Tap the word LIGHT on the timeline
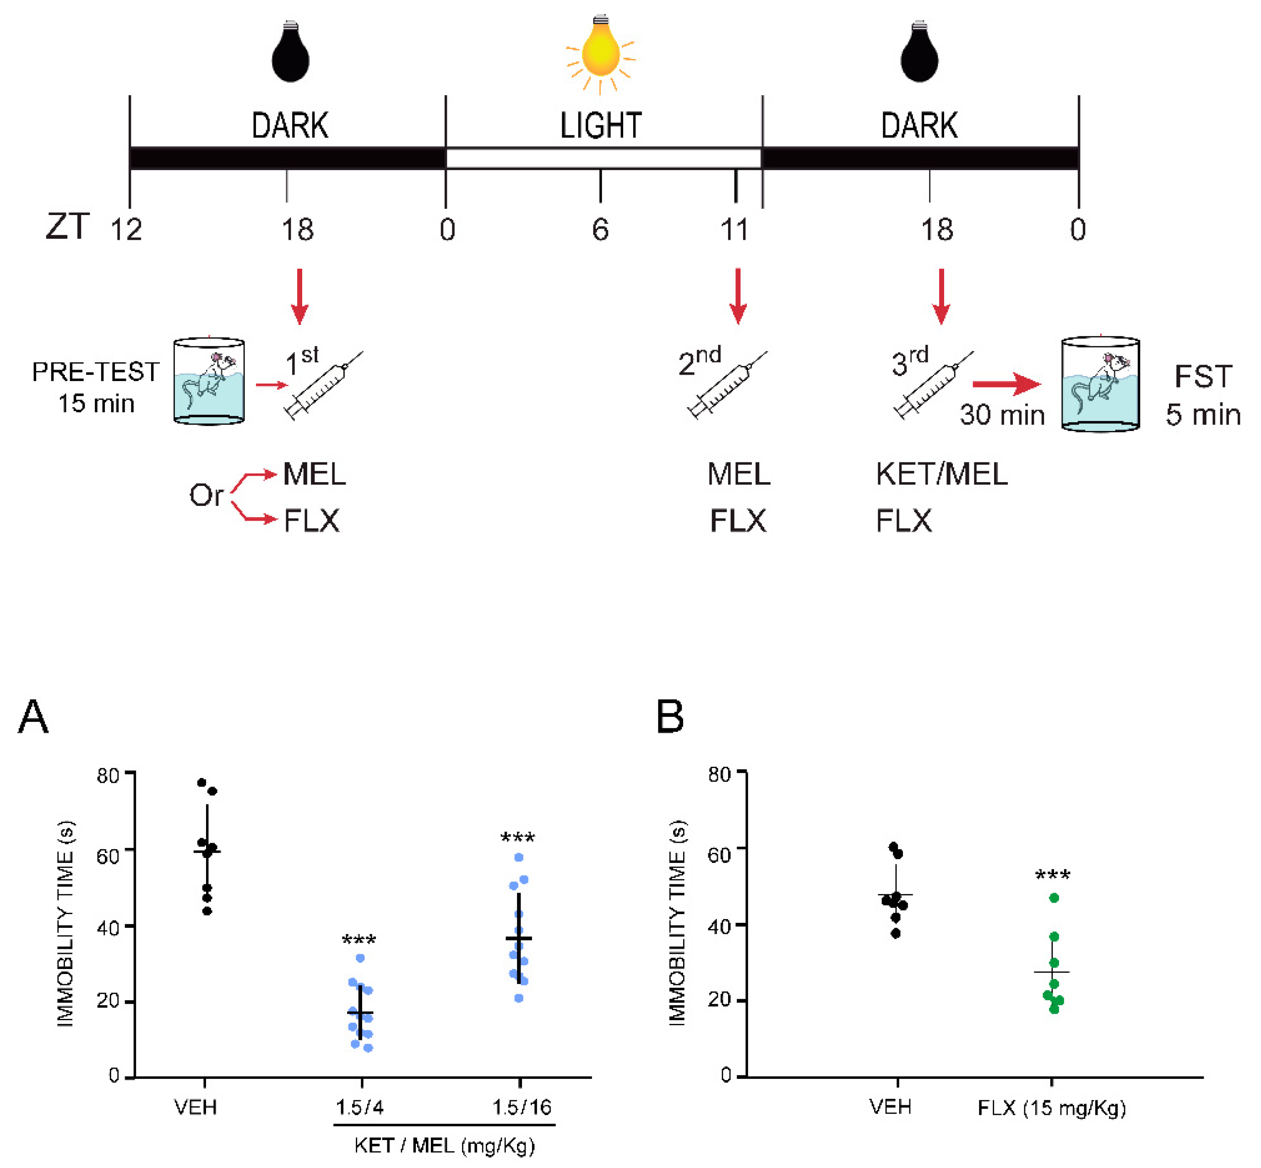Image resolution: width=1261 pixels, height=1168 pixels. pos(601,126)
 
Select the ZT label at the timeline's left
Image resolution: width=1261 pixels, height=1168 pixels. pos(67,227)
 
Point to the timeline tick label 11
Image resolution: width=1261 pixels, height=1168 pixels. pos(734,229)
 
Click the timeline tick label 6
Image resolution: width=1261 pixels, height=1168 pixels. pos(600,229)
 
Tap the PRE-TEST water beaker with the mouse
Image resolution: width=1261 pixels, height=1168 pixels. pos(209,381)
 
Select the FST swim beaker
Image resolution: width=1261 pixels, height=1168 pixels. pos(1100,384)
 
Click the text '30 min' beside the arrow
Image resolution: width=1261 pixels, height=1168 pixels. pos(1002,415)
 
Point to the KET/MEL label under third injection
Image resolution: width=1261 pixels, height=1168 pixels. pos(941,474)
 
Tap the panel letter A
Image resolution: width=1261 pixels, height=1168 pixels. pos(33,717)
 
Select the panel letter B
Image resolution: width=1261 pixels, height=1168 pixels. pos(670,717)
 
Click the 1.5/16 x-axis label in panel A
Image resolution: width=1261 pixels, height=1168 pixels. pos(522,1107)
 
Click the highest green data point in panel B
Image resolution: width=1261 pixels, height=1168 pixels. pos(1054,898)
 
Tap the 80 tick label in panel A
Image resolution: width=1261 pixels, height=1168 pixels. pos(108,775)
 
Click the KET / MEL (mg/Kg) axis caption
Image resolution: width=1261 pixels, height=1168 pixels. pos(444,1145)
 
